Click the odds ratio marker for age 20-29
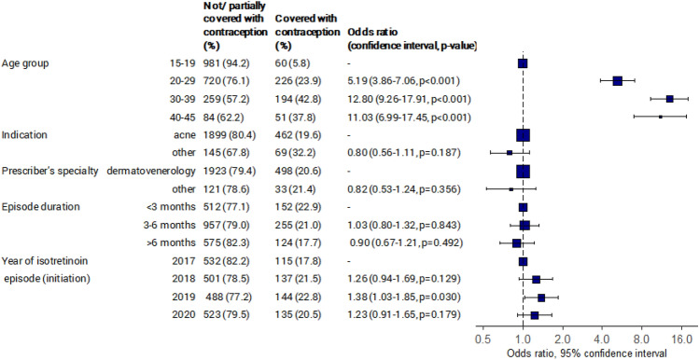tap(618, 80)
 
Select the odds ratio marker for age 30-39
tap(669, 99)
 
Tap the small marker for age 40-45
tap(660, 117)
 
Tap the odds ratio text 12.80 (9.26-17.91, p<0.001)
tap(409, 99)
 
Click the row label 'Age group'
tap(25, 63)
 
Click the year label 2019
tap(185, 298)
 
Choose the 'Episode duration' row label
tap(41, 207)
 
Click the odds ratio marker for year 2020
tap(534, 315)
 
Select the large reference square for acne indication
tap(523, 135)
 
